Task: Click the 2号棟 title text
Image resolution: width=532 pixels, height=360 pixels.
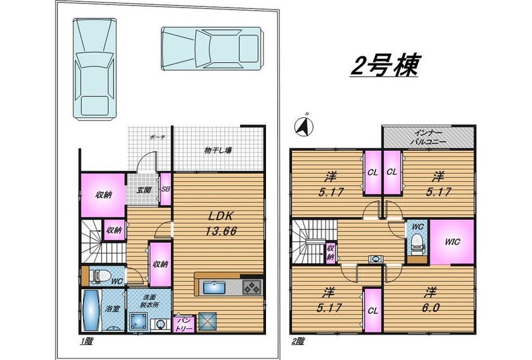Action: [x=384, y=65]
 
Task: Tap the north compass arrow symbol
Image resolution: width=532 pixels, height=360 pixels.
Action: [x=304, y=126]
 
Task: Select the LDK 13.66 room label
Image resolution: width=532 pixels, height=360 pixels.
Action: [x=220, y=224]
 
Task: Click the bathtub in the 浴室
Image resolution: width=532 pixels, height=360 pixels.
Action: [x=90, y=310]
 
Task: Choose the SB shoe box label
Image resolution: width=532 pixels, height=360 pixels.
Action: [x=165, y=190]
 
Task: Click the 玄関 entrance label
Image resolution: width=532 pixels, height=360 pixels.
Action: [x=144, y=190]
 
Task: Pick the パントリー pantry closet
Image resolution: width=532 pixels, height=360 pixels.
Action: [x=184, y=325]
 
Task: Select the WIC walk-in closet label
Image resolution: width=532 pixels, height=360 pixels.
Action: [x=453, y=242]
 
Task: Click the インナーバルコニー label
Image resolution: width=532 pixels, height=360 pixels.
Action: [x=428, y=138]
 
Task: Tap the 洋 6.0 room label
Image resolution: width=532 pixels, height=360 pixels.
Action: [x=431, y=300]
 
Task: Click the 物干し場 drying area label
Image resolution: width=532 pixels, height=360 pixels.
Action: [x=218, y=150]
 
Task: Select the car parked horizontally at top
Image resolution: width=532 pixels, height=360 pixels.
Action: [x=212, y=49]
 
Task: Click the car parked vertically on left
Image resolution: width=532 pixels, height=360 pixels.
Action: [x=94, y=69]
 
